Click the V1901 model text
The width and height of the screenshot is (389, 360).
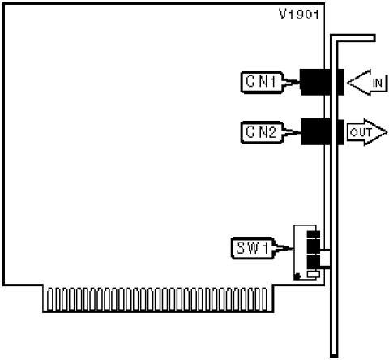point(299,15)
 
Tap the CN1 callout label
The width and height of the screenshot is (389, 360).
point(262,83)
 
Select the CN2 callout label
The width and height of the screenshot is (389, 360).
point(262,132)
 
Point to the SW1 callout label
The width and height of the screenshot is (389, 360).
point(253,248)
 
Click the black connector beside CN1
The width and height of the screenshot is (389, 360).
point(322,82)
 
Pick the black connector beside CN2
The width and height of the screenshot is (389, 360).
point(322,131)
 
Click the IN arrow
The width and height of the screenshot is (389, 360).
point(367,83)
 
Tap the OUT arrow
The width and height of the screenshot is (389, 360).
point(367,132)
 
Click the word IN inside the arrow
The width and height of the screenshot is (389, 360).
point(378,83)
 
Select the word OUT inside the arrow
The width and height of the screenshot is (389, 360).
point(361,132)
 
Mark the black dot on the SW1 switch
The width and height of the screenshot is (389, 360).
point(297,276)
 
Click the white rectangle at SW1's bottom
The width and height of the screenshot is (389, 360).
point(314,274)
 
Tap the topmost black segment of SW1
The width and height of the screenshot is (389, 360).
point(314,234)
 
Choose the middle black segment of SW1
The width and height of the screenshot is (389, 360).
point(314,246)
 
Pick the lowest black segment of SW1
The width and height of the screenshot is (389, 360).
point(314,262)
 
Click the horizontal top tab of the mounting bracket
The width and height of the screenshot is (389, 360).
point(353,38)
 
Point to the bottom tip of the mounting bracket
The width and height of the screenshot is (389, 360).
point(334,356)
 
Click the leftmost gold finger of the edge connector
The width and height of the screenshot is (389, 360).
point(50,299)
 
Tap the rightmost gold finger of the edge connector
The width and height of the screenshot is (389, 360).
point(264,299)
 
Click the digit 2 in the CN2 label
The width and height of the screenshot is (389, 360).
point(271,132)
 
